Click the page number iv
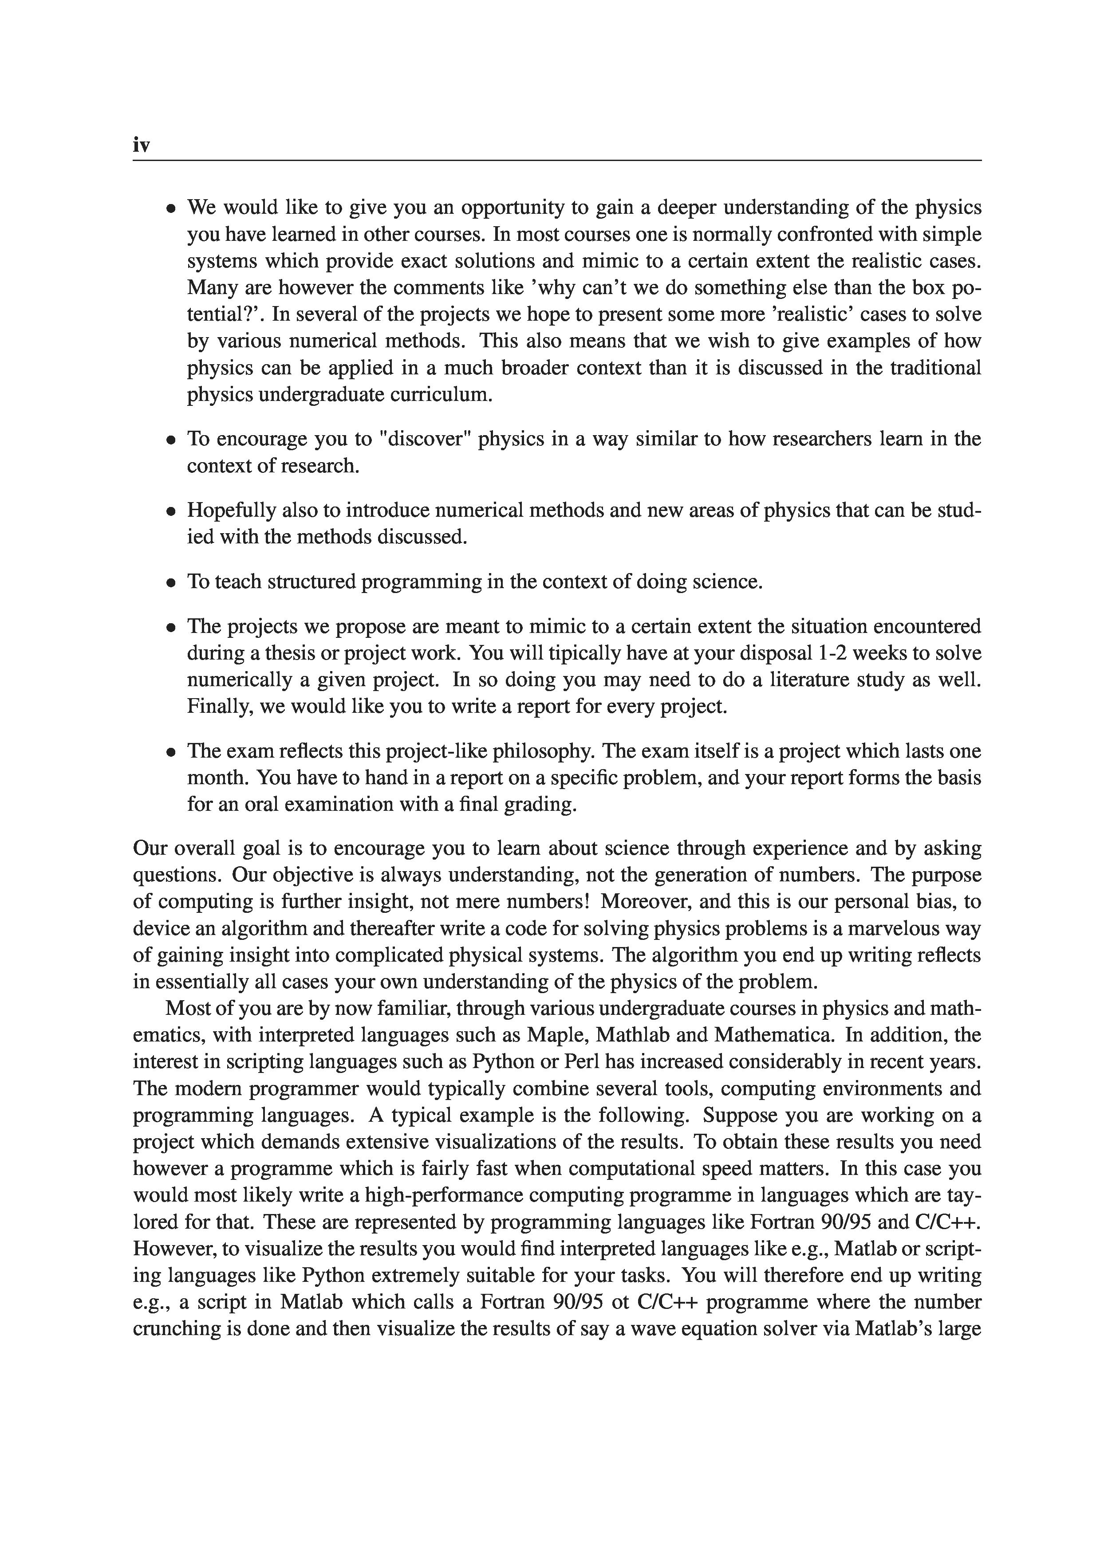pyautogui.click(x=141, y=145)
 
